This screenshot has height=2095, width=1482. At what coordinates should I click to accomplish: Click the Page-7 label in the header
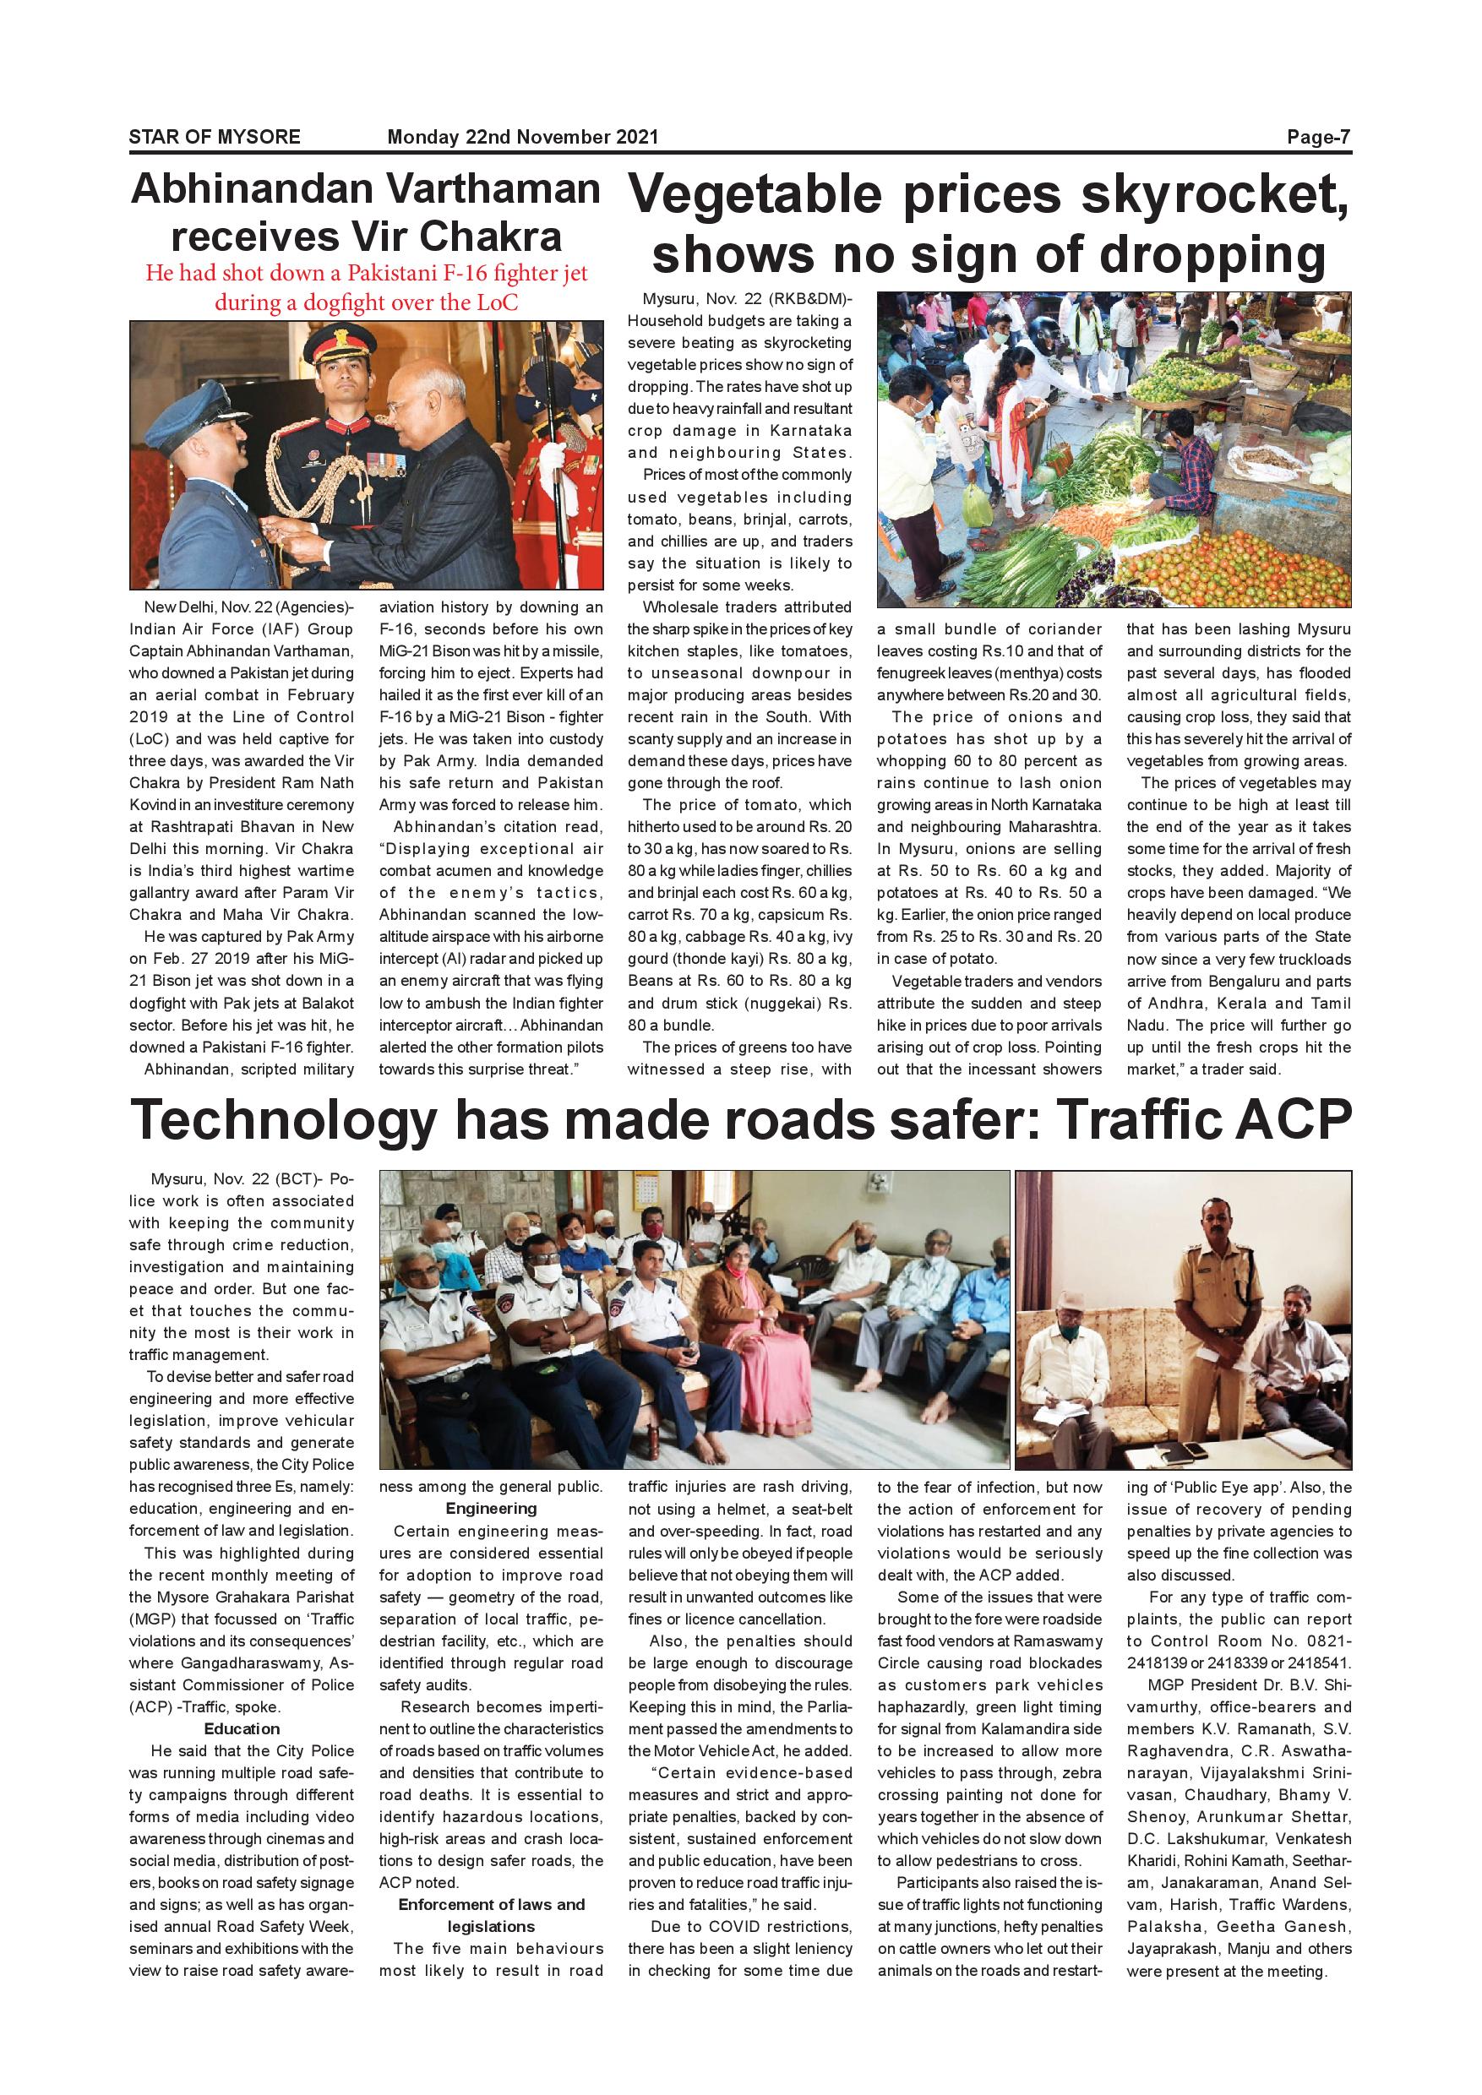point(1318,137)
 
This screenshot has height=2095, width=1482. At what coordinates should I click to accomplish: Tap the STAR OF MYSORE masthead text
point(215,137)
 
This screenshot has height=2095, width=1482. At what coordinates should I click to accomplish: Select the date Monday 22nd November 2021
point(522,137)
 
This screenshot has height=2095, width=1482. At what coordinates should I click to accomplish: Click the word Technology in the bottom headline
point(284,1120)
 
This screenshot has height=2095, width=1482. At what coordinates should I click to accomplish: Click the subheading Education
point(242,1729)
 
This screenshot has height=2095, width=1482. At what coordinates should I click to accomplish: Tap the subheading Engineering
point(491,1508)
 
